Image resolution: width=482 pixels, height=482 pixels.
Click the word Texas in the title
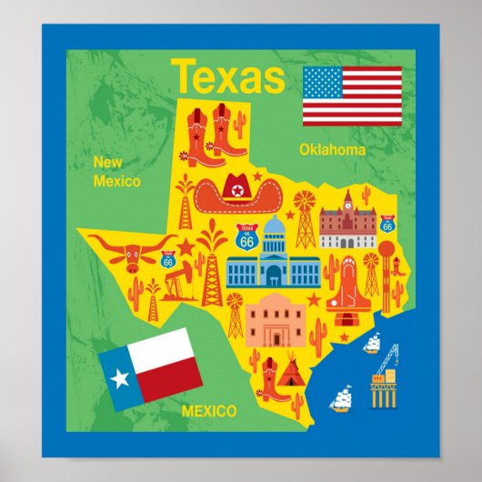click(227, 76)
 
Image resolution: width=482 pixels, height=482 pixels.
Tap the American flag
click(352, 95)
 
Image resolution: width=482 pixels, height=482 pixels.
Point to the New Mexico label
click(116, 172)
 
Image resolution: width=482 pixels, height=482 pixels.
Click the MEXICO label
click(209, 411)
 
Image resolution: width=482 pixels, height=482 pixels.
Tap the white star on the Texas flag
click(121, 377)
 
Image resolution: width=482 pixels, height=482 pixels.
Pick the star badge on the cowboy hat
click(237, 190)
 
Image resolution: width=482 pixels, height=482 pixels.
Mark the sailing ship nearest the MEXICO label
click(341, 397)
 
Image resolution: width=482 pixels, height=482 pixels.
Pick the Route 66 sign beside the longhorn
click(168, 259)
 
